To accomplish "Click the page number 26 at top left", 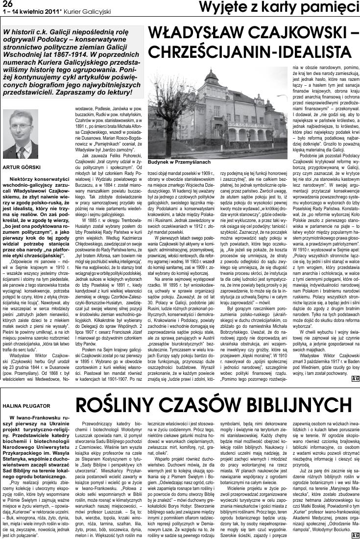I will click(x=7, y=4).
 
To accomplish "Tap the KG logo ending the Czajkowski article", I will click(x=355, y=377).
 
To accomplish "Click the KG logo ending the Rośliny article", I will click(x=355, y=534).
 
